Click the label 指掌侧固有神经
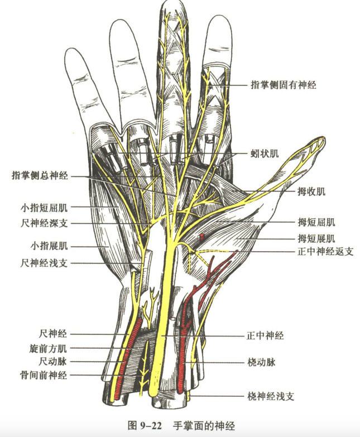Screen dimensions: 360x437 [x=284, y=84]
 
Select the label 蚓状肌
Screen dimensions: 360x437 [x=265, y=153]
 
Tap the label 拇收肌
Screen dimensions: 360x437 [x=311, y=191]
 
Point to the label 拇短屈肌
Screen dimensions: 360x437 [x=316, y=222]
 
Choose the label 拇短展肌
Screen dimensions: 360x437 [x=316, y=238]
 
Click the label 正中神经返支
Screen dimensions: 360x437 [x=325, y=252]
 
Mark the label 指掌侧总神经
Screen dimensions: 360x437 [x=40, y=175]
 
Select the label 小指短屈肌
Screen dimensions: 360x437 [x=44, y=208]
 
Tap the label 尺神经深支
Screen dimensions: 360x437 [x=44, y=223]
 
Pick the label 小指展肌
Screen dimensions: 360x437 [x=49, y=246]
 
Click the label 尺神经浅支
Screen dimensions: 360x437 [x=44, y=263]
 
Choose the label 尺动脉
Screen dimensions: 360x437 [x=53, y=362]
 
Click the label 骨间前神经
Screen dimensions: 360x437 [x=44, y=375]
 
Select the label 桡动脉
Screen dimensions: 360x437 [x=261, y=362]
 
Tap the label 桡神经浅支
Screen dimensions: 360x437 [x=271, y=396]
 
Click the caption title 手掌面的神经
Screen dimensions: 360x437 [x=204, y=426]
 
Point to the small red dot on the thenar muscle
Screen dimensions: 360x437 [x=201, y=237]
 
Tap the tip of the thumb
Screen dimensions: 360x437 [x=324, y=138]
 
